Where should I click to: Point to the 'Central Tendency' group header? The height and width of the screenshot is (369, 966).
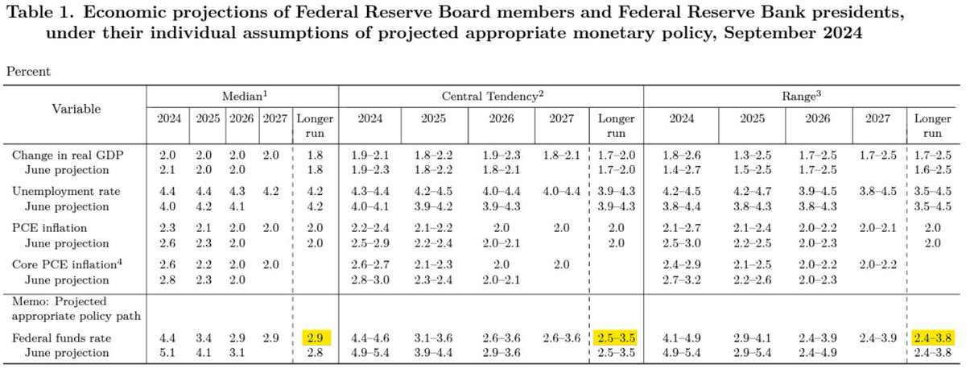point(490,96)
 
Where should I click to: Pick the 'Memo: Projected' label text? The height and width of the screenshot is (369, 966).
point(59,299)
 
